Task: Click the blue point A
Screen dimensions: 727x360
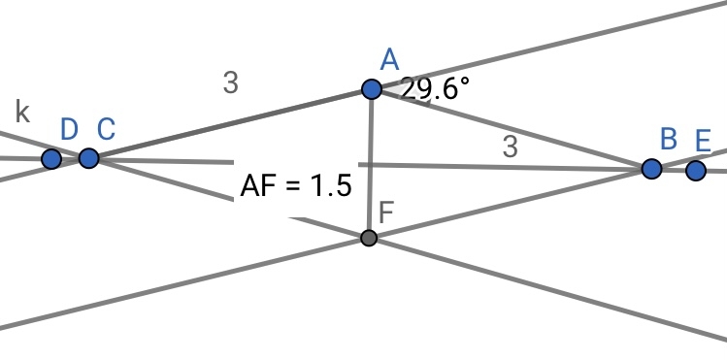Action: click(x=372, y=89)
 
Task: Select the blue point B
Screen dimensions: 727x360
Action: click(x=651, y=169)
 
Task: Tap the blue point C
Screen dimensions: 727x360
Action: click(x=88, y=158)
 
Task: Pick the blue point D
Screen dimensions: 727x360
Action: click(x=51, y=159)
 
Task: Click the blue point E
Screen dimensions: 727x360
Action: click(x=696, y=171)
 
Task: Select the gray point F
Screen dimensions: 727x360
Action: click(x=369, y=238)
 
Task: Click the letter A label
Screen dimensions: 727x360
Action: click(x=389, y=60)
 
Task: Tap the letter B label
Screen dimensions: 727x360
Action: click(x=668, y=139)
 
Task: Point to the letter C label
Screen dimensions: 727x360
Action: click(x=106, y=129)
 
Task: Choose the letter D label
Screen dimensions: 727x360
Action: click(x=69, y=130)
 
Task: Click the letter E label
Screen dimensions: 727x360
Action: click(x=704, y=141)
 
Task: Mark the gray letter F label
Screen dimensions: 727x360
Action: click(x=385, y=213)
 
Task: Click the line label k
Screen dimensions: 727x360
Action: click(x=22, y=112)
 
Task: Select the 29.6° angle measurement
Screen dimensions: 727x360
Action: click(x=435, y=89)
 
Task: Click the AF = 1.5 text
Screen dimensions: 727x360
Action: click(x=296, y=186)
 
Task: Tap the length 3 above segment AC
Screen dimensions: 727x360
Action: click(x=230, y=83)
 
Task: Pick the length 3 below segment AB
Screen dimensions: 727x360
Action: click(x=510, y=147)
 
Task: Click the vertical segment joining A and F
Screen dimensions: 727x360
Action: click(x=370, y=164)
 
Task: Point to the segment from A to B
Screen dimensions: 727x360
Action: click(x=512, y=129)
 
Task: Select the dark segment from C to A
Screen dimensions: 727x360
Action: click(x=230, y=123)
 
